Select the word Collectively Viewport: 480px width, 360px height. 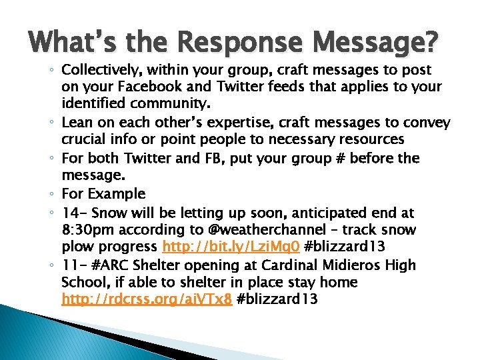(103, 70)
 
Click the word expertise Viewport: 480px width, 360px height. (231, 123)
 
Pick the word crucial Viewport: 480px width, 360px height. (84, 140)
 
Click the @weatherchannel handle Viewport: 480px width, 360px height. (265, 230)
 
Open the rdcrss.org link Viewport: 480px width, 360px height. (147, 299)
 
